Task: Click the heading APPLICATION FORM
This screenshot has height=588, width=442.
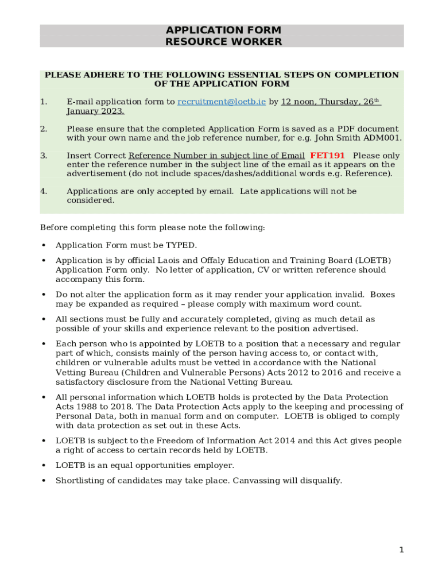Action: pyautogui.click(x=223, y=30)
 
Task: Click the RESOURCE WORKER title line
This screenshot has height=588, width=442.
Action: pyautogui.click(x=223, y=42)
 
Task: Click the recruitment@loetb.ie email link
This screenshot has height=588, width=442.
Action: pyautogui.click(x=222, y=102)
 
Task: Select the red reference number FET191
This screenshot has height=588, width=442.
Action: pyautogui.click(x=327, y=156)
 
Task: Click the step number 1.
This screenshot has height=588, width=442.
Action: pyautogui.click(x=44, y=102)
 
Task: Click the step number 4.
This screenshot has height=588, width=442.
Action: pyautogui.click(x=44, y=191)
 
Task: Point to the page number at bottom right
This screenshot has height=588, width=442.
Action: pyautogui.click(x=402, y=550)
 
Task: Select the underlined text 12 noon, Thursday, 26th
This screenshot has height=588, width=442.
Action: pyautogui.click(x=331, y=102)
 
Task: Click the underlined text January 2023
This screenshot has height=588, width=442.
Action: pyautogui.click(x=95, y=111)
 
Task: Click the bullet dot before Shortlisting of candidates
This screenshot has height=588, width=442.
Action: pyautogui.click(x=44, y=481)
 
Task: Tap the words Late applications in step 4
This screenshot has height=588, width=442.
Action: pyautogui.click(x=272, y=191)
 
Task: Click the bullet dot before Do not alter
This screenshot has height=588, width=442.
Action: pyautogui.click(x=44, y=295)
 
